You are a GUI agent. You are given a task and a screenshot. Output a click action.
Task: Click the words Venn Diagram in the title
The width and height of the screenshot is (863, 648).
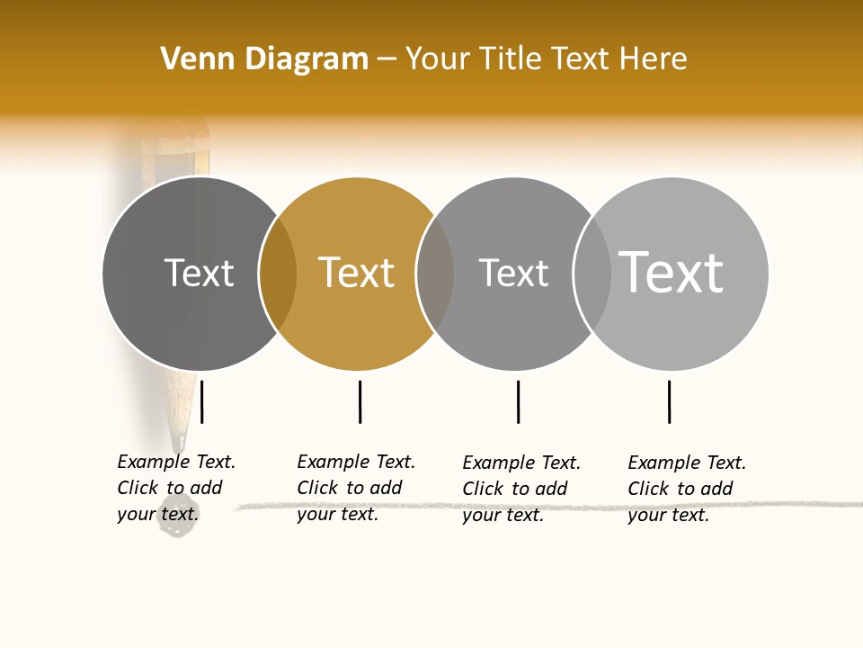(264, 59)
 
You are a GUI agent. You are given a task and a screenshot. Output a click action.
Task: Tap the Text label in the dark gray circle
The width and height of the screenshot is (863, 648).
(199, 273)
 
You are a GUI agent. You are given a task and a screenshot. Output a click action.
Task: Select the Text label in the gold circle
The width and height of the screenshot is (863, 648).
(357, 273)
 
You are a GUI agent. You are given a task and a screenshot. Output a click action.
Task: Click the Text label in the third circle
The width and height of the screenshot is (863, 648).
(513, 273)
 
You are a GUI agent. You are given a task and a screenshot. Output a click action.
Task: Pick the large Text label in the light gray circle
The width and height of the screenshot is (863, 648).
(672, 272)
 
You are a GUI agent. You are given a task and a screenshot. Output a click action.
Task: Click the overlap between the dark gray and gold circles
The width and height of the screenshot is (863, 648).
(278, 274)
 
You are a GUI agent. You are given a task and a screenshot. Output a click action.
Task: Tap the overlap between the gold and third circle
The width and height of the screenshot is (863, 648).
(435, 274)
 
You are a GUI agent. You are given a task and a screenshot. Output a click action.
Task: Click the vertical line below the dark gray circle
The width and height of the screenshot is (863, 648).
(202, 401)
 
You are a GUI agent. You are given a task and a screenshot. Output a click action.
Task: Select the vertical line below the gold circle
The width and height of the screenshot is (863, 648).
(360, 401)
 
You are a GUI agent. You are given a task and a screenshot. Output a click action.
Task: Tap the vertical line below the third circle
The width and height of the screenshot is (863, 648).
(518, 401)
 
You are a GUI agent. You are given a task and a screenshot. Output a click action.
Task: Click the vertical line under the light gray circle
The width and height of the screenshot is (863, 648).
(669, 401)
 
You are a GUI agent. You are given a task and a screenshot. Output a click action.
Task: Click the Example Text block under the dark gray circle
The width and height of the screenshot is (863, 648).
(176, 488)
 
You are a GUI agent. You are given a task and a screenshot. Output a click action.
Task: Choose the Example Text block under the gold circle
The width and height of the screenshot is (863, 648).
(356, 488)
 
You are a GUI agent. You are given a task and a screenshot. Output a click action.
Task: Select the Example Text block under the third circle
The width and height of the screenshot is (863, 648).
(521, 489)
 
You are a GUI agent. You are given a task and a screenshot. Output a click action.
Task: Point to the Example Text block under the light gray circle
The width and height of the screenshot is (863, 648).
(687, 489)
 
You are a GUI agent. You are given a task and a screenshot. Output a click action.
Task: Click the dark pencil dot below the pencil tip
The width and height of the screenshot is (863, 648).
(177, 526)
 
